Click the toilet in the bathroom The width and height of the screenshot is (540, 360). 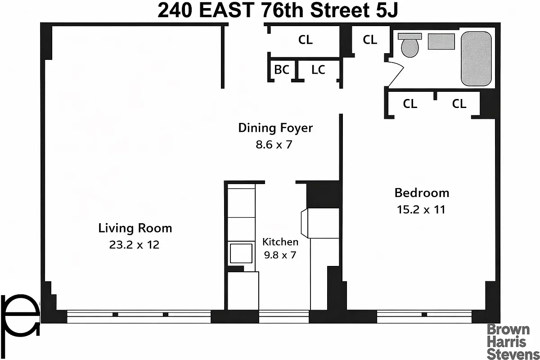[410, 45]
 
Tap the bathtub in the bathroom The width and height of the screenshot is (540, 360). [476, 58]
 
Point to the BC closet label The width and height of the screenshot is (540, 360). [282, 70]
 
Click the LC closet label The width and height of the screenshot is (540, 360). [318, 70]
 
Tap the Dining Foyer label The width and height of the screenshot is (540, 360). [275, 128]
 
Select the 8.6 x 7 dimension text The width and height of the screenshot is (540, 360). [275, 145]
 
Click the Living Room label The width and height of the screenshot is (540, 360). [135, 228]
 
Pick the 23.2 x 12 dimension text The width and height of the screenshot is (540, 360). [135, 245]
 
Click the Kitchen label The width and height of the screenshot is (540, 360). [280, 242]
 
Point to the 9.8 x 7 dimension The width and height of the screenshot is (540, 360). [280, 255]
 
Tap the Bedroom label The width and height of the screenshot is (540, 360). [422, 193]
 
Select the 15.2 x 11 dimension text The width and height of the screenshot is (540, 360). [422, 209]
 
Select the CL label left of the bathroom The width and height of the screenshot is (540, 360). [370, 40]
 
